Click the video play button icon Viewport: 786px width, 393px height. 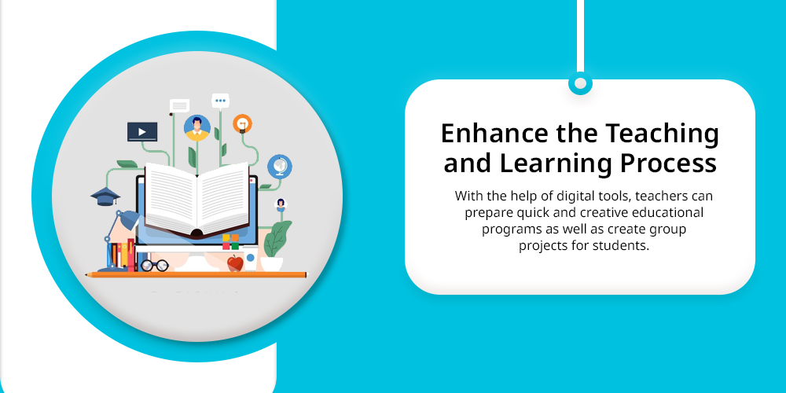(141, 132)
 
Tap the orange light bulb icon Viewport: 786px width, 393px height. (242, 123)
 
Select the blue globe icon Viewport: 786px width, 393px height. (279, 167)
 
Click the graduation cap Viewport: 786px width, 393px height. (105, 196)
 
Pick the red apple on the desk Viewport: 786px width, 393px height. (235, 263)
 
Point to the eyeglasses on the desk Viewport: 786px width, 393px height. (154, 265)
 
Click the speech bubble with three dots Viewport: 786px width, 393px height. (220, 101)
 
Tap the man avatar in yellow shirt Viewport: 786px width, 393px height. (197, 128)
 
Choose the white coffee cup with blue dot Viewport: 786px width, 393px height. (250, 258)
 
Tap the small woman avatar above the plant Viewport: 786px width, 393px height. (281, 205)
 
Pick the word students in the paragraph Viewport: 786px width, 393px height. (621, 246)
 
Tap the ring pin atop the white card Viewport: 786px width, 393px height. (580, 84)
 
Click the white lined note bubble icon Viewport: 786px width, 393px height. (179, 106)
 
